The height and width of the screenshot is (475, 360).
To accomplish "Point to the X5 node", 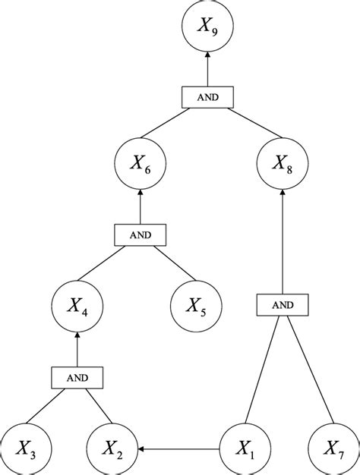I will tap(196, 307).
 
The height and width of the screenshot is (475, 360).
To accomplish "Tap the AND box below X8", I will tap(282, 305).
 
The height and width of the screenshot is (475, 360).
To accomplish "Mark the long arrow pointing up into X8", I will tap(282, 243).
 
